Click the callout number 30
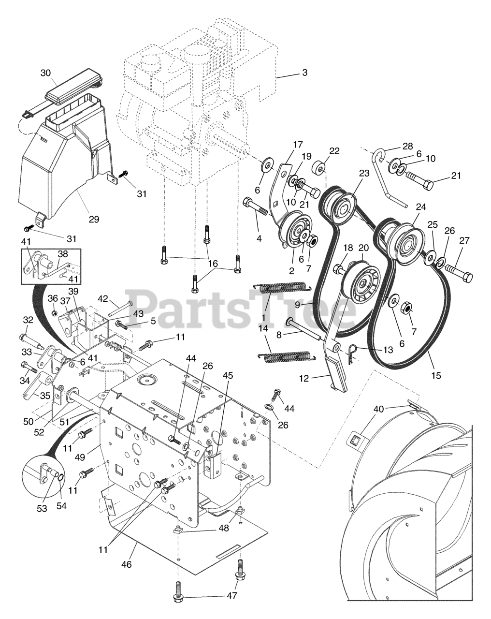[x=45, y=73]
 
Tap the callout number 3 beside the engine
[x=304, y=73]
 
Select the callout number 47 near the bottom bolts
[x=232, y=596]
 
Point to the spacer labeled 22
[x=319, y=169]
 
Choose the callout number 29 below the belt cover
[x=94, y=219]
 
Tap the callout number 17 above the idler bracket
[x=297, y=144]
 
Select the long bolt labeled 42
[x=121, y=309]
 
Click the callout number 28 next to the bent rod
[x=408, y=146]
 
